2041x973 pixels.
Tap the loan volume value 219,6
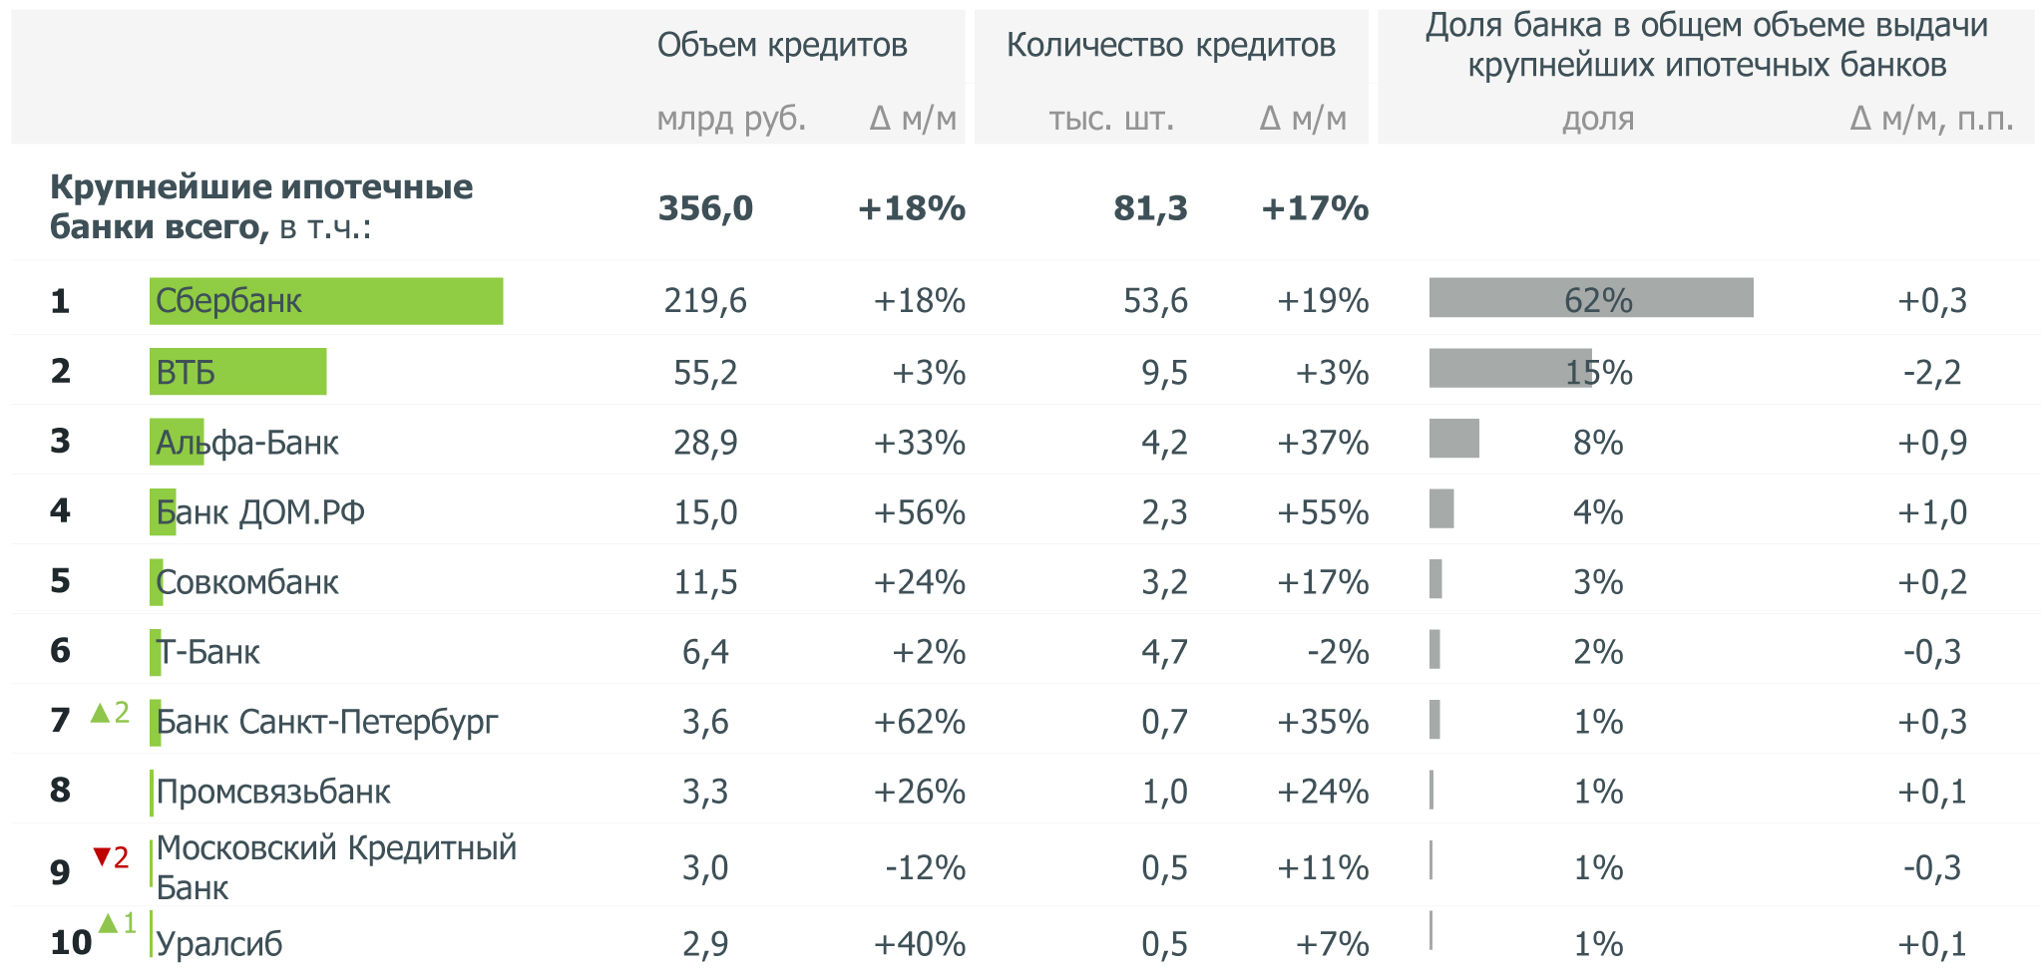pos(705,301)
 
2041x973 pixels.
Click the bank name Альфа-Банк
pos(247,443)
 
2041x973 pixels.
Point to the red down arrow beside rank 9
pos(102,856)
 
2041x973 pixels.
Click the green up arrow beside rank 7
pos(100,713)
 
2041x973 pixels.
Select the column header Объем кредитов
pos(782,45)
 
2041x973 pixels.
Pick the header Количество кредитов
pos(1170,45)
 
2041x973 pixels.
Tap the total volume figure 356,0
pos(705,208)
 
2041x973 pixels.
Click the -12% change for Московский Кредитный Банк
pos(925,868)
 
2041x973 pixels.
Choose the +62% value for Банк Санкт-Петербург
pos(919,722)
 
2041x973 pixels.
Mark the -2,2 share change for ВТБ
pos(1931,373)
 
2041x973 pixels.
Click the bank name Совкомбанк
pos(247,582)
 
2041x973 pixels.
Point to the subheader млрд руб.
pos(730,119)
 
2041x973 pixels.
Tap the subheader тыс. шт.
pos(1111,119)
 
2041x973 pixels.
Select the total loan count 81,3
pos(1150,208)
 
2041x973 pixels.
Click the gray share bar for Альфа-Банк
pos(1453,439)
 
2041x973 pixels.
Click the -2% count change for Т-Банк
pos(1338,652)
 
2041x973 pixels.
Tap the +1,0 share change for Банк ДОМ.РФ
pos(1931,512)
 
